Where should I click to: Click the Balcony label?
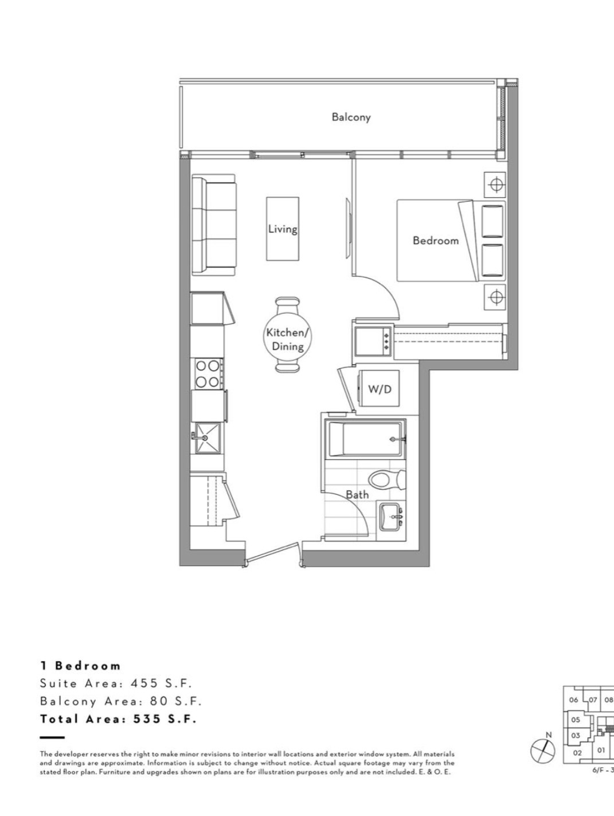pos(351,118)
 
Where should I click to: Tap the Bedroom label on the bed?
pos(436,240)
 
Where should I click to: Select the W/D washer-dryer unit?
pos(378,388)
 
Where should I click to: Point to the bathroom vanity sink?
pos(392,516)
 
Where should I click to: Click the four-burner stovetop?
pos(208,374)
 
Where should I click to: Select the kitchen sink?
pos(208,439)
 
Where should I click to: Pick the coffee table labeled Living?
pos(283,229)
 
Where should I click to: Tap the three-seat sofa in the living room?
pos(214,225)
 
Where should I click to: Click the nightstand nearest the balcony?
pos(495,185)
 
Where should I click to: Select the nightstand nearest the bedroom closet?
pos(495,297)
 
